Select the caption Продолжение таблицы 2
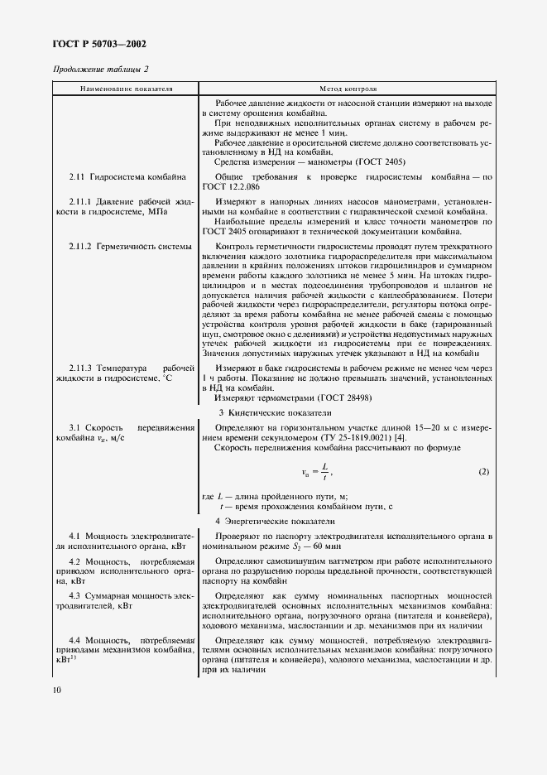pos(102,70)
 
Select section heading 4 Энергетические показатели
pos(275,522)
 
